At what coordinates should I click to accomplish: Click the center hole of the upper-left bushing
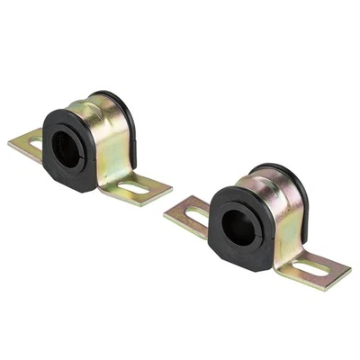point(68,149)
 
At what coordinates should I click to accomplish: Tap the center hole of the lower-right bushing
point(238,227)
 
